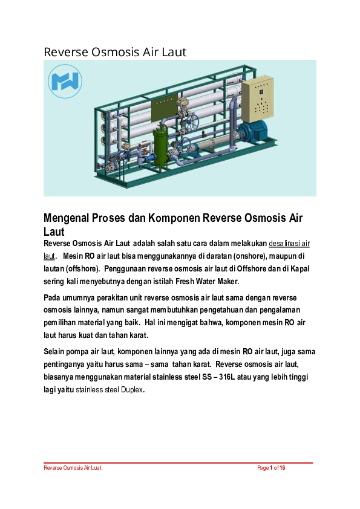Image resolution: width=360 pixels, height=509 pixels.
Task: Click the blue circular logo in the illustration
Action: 65,82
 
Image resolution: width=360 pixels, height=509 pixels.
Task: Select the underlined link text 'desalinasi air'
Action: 289,244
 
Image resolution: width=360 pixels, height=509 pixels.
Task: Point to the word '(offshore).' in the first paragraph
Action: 69,268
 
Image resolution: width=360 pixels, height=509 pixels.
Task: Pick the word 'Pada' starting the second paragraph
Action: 53,298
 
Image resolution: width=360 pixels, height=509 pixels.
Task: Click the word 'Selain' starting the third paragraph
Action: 55,351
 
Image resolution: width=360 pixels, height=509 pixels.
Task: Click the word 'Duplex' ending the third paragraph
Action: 132,390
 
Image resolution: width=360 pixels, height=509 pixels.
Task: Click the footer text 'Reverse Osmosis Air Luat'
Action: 72,468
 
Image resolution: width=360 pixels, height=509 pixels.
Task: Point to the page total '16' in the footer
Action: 282,468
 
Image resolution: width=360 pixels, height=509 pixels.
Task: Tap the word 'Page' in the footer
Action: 263,468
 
